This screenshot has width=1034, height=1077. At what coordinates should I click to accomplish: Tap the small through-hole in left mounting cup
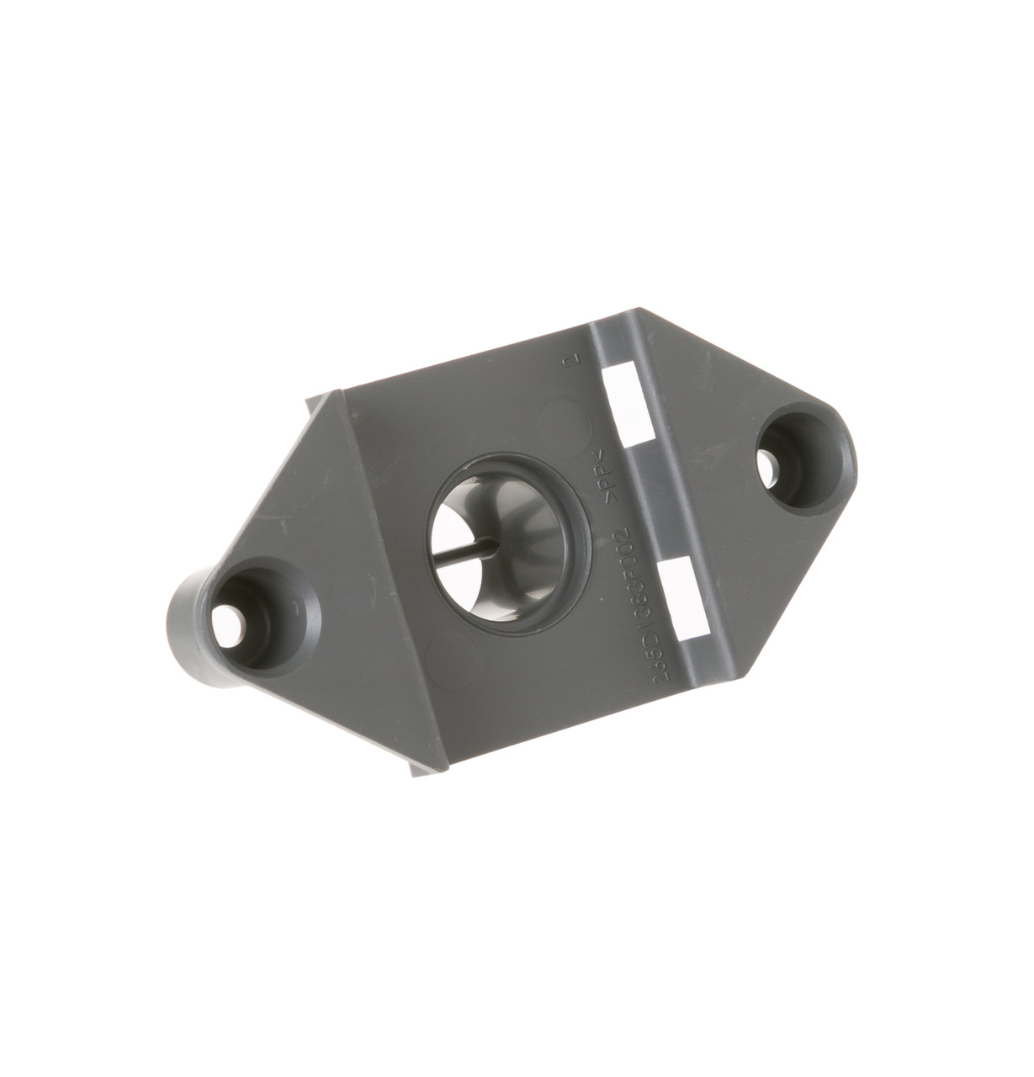coord(231,621)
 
